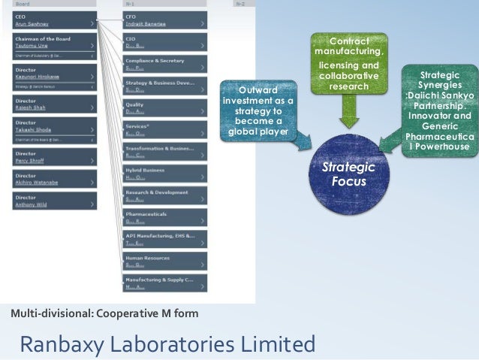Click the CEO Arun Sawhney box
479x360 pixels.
coord(56,20)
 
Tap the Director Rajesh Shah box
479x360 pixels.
coord(56,103)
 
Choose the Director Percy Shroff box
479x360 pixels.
coord(56,157)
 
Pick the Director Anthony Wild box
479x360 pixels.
coord(56,201)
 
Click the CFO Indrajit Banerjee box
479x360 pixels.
coord(166,20)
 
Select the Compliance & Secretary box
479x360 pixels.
coord(166,64)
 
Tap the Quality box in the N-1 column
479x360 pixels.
coord(166,107)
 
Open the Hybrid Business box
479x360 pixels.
coord(166,174)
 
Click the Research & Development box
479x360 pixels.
coord(166,195)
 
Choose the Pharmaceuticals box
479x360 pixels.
coord(166,217)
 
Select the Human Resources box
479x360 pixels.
coord(166,261)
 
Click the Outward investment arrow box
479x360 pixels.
coord(258,110)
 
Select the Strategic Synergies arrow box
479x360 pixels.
coord(440,110)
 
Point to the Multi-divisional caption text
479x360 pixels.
coord(104,313)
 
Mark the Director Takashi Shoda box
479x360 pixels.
coord(56,126)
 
